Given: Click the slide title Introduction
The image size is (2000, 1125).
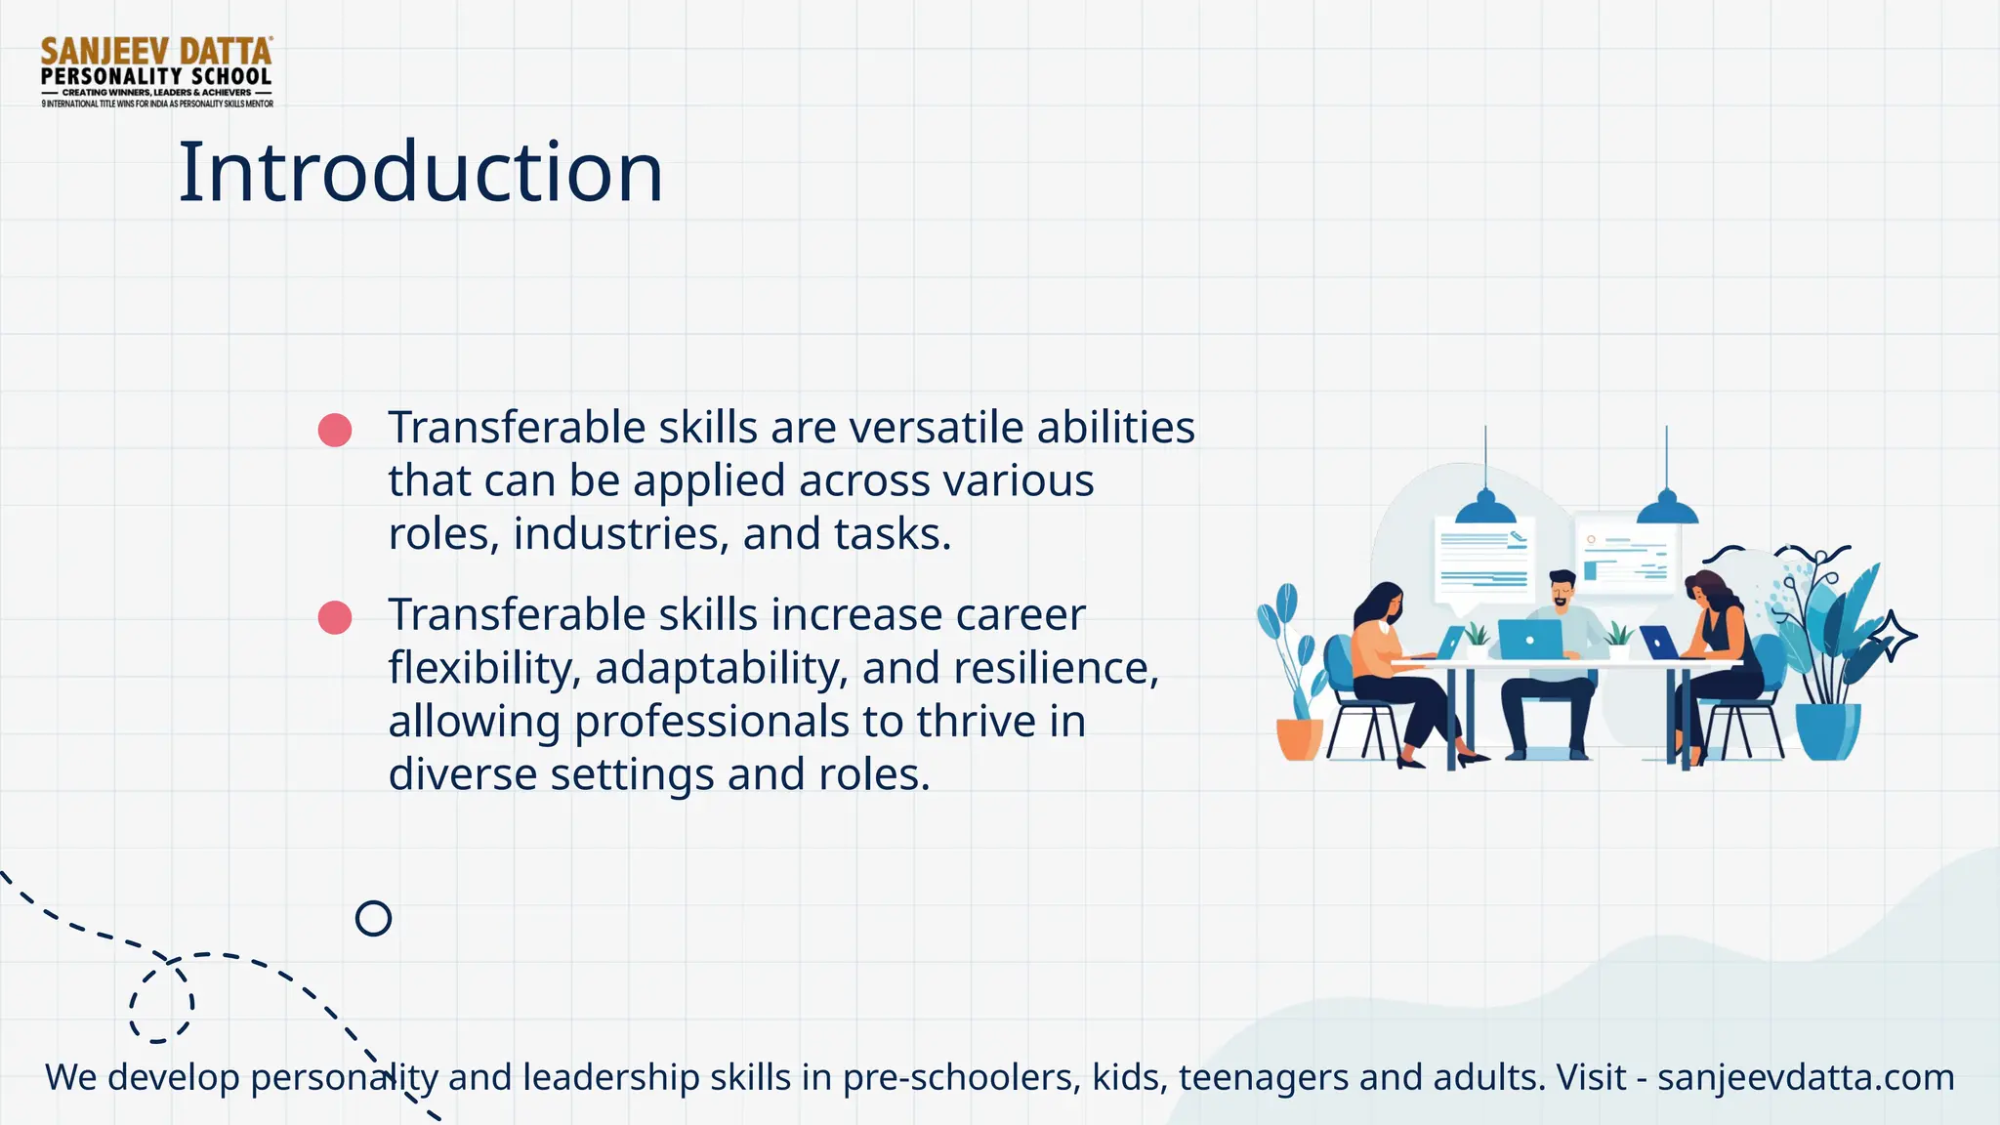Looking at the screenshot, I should pyautogui.click(x=420, y=172).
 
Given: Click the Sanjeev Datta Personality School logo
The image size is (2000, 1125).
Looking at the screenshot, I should pyautogui.click(x=156, y=71).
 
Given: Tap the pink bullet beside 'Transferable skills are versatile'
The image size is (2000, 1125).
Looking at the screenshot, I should pyautogui.click(x=335, y=430).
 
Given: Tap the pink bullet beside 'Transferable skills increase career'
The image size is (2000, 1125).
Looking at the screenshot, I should pyautogui.click(x=335, y=617).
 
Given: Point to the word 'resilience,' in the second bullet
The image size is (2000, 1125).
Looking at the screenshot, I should pyautogui.click(x=1056, y=668).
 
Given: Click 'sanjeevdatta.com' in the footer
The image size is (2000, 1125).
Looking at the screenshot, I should pyautogui.click(x=1806, y=1077).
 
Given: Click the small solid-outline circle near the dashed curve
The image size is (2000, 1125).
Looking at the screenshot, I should pyautogui.click(x=373, y=918).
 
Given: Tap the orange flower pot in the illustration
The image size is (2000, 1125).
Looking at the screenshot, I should pyautogui.click(x=1300, y=738).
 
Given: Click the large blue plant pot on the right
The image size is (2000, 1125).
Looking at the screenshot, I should pyautogui.click(x=1827, y=730).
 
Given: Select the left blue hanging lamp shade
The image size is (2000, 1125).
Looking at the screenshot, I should pyautogui.click(x=1485, y=509).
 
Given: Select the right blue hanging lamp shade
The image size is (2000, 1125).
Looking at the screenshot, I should pyautogui.click(x=1666, y=509).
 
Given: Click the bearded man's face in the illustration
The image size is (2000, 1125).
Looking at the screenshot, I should pyautogui.click(x=1562, y=592).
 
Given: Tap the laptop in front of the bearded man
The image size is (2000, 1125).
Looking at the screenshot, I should pyautogui.click(x=1529, y=640).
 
